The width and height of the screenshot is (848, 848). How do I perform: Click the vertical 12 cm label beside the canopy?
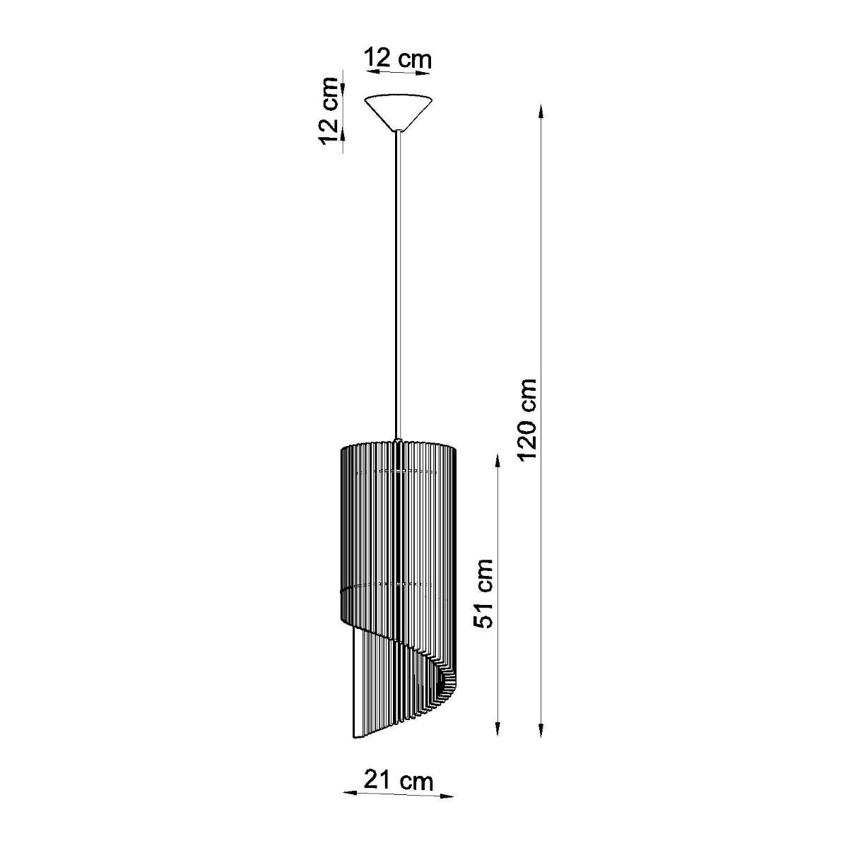tap(329, 117)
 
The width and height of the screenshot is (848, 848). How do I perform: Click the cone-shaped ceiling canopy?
tap(399, 110)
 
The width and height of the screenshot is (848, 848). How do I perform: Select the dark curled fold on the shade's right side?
tap(443, 681)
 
